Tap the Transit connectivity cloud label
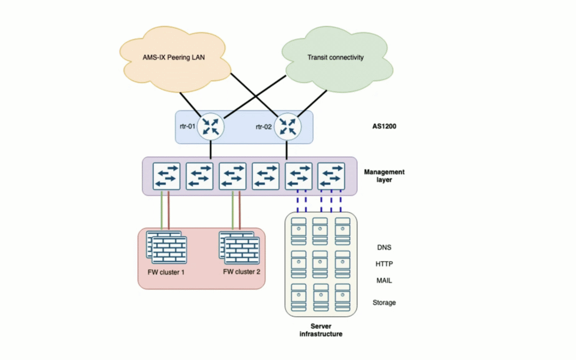335,57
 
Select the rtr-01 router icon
211,126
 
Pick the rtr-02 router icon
288,126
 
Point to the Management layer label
384,176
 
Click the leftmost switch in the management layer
166,177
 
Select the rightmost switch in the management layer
331,177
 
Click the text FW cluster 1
166,271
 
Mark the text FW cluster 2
242,271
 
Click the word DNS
385,247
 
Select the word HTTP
385,264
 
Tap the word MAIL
385,281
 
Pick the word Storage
384,302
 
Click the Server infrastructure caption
321,330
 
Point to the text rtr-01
188,126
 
